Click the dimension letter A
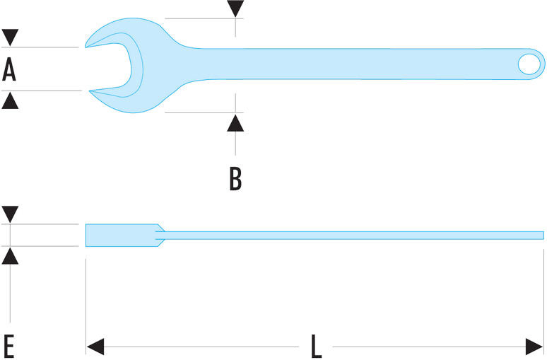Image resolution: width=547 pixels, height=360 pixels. click(9, 69)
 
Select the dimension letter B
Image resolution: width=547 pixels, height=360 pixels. click(235, 179)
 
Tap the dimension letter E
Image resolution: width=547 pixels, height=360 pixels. click(8, 347)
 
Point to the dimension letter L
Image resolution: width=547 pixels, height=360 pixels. click(316, 347)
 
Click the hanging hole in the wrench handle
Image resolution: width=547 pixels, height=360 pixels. click(529, 64)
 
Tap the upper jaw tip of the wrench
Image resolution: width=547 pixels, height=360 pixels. click(86, 47)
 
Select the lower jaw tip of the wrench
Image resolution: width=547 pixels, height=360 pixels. click(90, 91)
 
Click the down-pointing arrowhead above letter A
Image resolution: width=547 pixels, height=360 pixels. click(10, 37)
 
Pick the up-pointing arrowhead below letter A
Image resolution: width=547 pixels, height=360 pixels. click(10, 100)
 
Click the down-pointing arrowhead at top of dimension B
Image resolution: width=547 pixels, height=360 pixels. click(235, 8)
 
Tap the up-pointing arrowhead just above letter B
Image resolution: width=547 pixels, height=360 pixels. click(235, 123)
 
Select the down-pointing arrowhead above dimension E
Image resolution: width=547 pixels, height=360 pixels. click(10, 214)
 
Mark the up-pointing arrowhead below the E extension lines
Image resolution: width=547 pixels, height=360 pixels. click(10, 255)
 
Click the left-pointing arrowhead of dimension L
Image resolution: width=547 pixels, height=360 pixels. click(95, 347)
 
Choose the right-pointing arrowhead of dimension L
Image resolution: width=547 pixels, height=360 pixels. click(534, 347)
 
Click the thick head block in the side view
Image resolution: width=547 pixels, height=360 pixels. click(122, 236)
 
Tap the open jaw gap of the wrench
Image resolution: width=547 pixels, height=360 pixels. click(108, 67)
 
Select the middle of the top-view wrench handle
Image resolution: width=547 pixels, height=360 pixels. click(349, 64)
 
